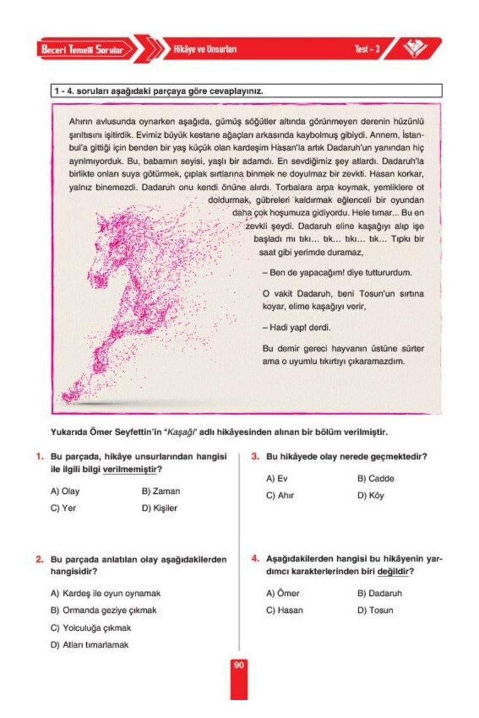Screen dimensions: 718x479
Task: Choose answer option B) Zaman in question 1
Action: coord(161,491)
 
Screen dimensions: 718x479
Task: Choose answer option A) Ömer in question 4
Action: coord(282,593)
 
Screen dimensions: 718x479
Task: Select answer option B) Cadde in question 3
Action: coord(376,478)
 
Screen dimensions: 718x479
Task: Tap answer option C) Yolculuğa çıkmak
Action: coord(91,628)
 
